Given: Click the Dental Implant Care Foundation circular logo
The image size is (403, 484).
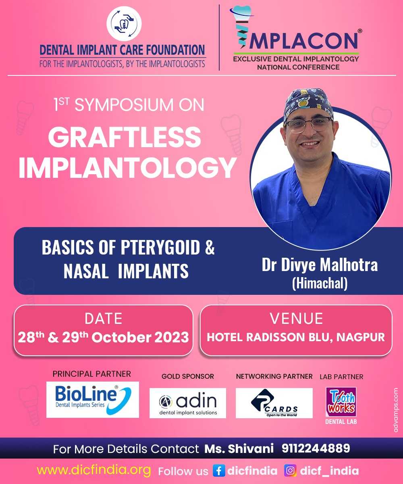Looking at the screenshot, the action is click(124, 23).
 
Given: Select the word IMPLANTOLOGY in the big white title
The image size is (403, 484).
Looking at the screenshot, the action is click(128, 168).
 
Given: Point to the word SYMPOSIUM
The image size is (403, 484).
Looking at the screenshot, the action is click(124, 105).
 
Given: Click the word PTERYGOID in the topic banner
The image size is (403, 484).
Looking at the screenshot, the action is click(160, 248).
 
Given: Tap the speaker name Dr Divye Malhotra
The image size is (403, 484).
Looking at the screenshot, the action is click(320, 265).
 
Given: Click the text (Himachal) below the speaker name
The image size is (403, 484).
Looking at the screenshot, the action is click(320, 284).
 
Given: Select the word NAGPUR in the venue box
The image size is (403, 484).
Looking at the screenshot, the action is click(360, 337).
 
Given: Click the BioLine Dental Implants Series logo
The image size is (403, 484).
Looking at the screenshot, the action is click(93, 400).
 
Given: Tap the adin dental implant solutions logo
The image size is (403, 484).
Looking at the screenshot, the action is click(188, 403).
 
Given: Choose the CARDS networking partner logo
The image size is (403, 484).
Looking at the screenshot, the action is click(274, 403).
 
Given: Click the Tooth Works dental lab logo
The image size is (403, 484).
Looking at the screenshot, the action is click(341, 402).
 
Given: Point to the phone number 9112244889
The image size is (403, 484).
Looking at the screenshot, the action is click(316, 449).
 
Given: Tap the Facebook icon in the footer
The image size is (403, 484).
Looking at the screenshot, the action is click(219, 471).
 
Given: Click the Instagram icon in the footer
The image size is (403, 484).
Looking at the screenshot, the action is click(290, 471).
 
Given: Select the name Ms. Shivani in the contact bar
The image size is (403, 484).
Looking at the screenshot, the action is click(239, 449).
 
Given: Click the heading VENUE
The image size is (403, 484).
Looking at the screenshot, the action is click(296, 319).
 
